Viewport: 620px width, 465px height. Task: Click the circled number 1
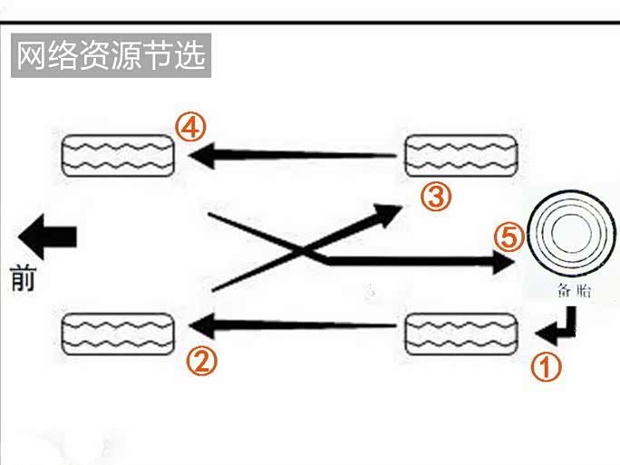point(546,368)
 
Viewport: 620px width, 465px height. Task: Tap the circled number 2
point(202,362)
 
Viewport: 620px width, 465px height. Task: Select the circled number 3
point(436,195)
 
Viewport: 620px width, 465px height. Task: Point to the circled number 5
point(509,237)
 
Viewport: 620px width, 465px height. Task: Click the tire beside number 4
point(117,155)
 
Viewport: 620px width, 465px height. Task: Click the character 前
point(24,278)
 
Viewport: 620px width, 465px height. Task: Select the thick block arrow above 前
point(47,237)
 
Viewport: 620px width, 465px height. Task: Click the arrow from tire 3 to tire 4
point(290,156)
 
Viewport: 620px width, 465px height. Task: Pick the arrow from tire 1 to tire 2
point(290,324)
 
